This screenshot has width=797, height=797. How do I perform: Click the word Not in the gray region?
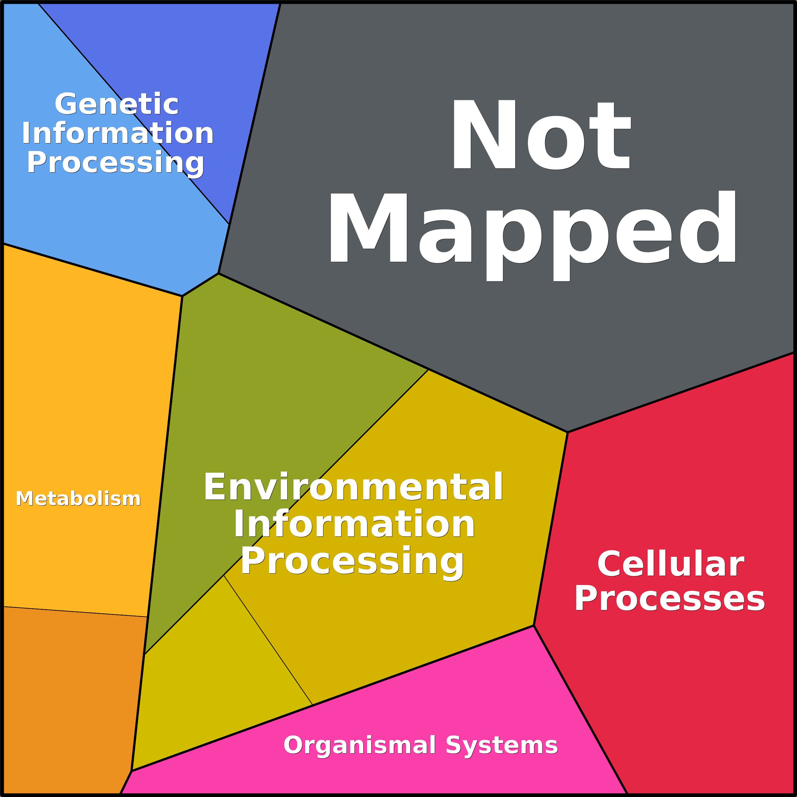tap(542, 135)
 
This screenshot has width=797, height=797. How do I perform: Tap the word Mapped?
tap(532, 236)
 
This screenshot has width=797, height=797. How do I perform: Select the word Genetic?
tap(117, 104)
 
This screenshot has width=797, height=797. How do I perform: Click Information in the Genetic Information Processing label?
tap(118, 133)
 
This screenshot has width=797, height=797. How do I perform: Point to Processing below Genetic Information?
tap(116, 163)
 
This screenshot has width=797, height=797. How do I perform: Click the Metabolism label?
tap(78, 498)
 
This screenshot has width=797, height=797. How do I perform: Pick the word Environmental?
tap(353, 487)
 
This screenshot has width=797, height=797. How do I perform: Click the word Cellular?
tap(671, 564)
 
